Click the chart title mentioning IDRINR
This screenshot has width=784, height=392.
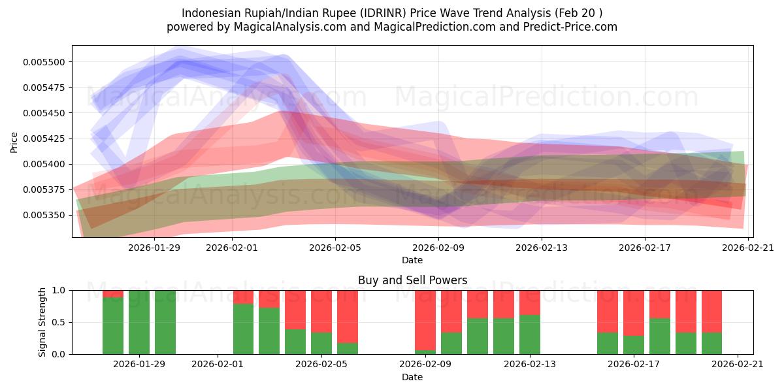tap(392, 13)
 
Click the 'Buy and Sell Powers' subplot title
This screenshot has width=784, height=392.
tap(412, 280)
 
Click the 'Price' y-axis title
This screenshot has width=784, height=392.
tap(14, 142)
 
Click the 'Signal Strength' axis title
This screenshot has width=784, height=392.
tap(42, 322)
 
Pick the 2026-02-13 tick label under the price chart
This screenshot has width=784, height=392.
tap(542, 247)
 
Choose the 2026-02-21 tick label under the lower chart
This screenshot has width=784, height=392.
tap(737, 364)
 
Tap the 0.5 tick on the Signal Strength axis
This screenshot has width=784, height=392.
tap(58, 322)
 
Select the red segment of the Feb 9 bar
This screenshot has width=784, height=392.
tap(425, 320)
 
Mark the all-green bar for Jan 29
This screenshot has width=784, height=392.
tap(139, 322)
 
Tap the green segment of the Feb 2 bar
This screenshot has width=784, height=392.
tap(243, 329)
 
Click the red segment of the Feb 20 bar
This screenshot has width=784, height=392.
tap(711, 311)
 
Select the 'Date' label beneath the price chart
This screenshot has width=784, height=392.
tap(412, 260)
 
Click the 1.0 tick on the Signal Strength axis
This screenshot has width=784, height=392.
tap(58, 290)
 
